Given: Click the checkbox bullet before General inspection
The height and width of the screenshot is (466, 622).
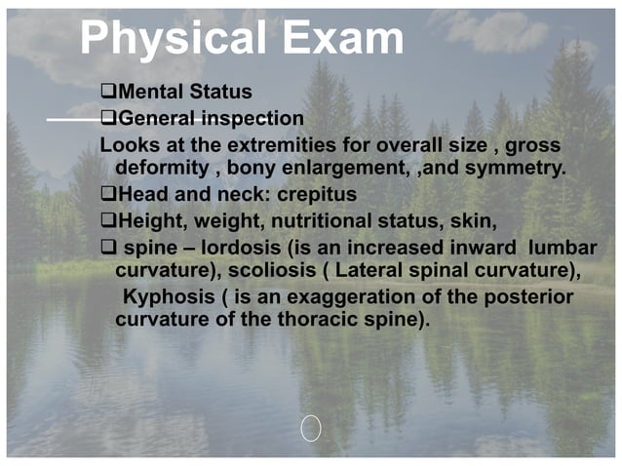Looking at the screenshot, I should click(108, 119).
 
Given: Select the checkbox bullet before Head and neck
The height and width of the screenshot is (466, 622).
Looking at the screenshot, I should click(108, 195).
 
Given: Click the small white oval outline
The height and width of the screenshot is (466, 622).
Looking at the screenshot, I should click(311, 427).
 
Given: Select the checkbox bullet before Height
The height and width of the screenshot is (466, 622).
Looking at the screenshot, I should click(108, 220).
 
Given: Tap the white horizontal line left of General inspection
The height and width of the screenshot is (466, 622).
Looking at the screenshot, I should click(73, 119).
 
